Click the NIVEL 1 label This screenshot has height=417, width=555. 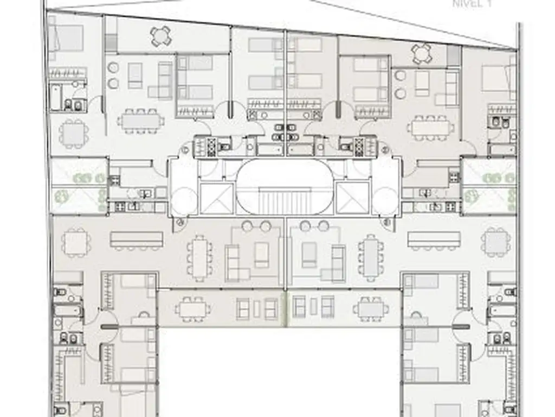click(x=472, y=4)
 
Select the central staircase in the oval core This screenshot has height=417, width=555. click(x=285, y=200)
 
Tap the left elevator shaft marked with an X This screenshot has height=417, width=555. click(x=217, y=199)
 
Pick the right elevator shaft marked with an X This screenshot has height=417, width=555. click(x=352, y=199)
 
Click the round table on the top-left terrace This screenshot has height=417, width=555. click(x=160, y=36)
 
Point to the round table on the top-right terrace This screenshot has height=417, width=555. click(x=422, y=54)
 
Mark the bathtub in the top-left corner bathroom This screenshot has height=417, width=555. click(x=56, y=97)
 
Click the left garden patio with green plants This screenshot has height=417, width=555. click(x=79, y=186)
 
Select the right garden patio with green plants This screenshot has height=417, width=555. click(x=489, y=186)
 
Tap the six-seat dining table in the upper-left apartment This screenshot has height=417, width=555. click(x=141, y=121)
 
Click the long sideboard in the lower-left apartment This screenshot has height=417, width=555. click(x=137, y=240)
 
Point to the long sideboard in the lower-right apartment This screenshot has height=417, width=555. click(x=434, y=240)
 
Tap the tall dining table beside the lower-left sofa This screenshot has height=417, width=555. click(x=199, y=258)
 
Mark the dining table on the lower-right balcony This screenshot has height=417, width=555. click(x=371, y=309)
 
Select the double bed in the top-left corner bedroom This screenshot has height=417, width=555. click(x=68, y=37)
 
